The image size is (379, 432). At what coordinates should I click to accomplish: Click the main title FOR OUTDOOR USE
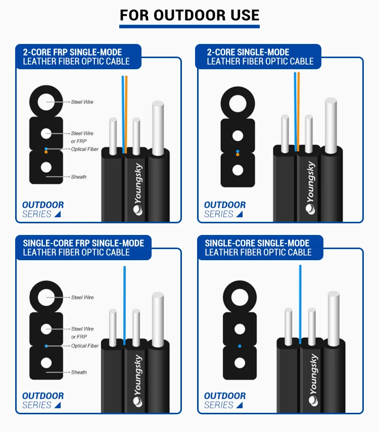[x=189, y=15]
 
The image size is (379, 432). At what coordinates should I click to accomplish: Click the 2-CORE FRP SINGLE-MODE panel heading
[x=76, y=57]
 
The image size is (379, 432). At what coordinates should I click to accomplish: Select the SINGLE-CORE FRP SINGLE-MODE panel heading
[x=83, y=248]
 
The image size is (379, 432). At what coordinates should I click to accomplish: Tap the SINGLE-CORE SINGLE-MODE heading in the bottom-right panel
[x=258, y=248]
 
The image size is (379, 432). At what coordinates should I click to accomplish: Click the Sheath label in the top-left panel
[x=78, y=177]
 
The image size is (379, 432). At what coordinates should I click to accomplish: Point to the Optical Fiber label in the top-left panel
[x=84, y=149]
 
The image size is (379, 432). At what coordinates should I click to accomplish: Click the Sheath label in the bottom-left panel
[x=79, y=372]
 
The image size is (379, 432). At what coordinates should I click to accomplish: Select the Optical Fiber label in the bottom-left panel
[x=85, y=346]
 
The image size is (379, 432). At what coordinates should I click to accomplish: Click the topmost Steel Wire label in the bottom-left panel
[x=82, y=297]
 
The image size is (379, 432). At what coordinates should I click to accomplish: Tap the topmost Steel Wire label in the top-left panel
[x=82, y=102]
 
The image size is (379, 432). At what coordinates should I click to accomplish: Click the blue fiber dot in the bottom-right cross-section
[x=240, y=346]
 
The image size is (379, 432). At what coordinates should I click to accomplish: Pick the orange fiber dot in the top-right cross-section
[x=238, y=155]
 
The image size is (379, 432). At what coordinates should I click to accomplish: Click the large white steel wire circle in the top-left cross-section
[x=46, y=102]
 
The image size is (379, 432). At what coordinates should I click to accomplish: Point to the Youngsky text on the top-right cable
[x=310, y=187]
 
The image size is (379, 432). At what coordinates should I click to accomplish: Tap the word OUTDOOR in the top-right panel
[x=225, y=205]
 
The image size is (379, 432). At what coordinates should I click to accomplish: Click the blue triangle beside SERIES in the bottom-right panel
[x=240, y=405]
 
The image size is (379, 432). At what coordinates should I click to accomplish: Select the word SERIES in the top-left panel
[x=37, y=214]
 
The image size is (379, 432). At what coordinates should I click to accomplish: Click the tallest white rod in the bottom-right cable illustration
[x=334, y=319]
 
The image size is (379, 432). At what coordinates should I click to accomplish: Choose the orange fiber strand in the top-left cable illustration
[x=126, y=115]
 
